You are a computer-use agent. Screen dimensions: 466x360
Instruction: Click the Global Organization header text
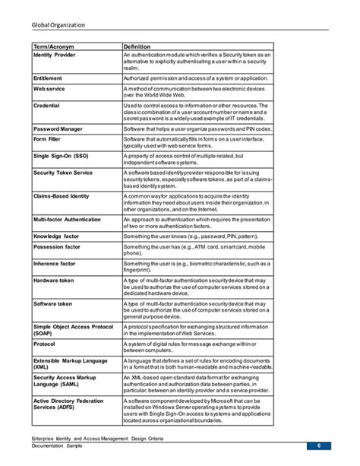point(58,25)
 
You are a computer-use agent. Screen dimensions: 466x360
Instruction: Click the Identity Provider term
point(54,55)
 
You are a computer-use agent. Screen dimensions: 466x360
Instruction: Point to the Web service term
point(49,89)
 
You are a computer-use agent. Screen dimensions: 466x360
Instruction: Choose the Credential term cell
point(47,105)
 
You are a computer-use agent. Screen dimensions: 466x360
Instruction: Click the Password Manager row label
point(58,129)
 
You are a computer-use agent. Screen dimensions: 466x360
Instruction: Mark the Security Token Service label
point(63,173)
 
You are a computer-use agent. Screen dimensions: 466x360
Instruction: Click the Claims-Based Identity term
point(62,195)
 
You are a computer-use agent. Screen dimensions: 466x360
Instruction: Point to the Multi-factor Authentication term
point(67,219)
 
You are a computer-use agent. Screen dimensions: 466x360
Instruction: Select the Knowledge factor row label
point(57,236)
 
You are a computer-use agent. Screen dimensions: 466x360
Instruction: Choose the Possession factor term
point(58,247)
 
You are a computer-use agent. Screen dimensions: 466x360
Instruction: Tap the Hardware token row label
point(53,280)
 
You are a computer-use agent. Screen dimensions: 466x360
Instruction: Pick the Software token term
point(52,303)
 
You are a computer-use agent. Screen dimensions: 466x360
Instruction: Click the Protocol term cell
point(45,343)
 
